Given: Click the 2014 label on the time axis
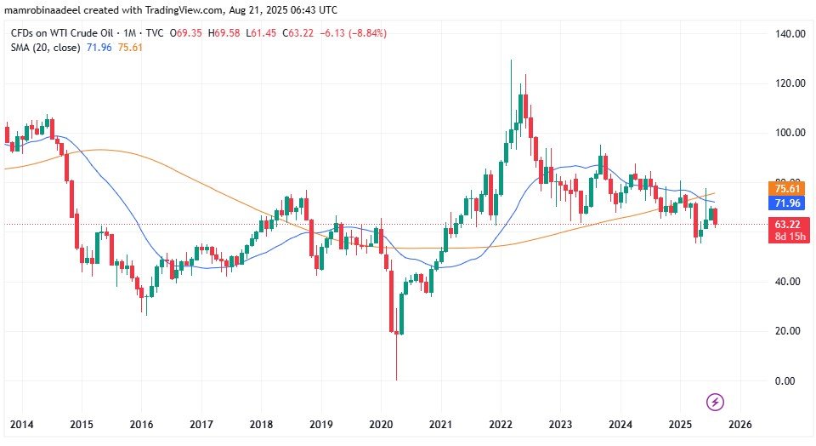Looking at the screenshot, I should point(20,424).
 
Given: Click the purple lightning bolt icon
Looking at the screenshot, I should point(716,401).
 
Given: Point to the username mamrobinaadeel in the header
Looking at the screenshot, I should point(49,9).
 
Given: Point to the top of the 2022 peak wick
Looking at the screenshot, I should point(511,60).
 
